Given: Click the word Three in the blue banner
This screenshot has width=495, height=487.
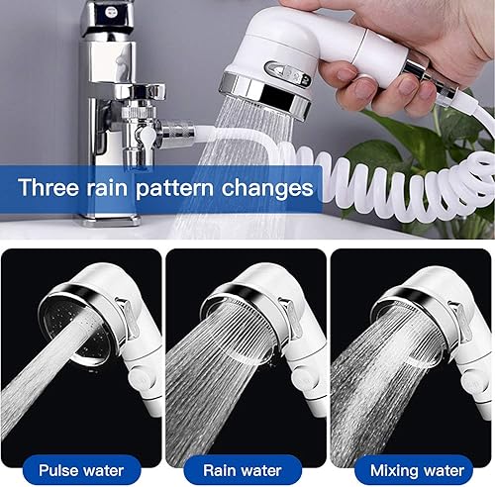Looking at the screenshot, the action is coord(49,187).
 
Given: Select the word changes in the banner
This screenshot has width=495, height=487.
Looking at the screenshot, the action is coord(267,188).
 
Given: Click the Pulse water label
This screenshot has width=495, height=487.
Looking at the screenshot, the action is coord(81,470).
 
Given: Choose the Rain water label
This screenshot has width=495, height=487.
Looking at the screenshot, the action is coord(243,470).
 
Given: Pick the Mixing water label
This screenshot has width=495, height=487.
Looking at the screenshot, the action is coord(417,470).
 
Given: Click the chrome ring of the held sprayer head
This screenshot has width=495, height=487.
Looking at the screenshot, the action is coord(265,95).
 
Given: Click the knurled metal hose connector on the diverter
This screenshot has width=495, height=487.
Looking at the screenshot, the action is coord(175,134).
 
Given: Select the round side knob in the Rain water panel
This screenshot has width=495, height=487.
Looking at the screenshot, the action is coord(304,379).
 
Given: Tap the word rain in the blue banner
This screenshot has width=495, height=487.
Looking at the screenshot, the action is coord(107,187).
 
